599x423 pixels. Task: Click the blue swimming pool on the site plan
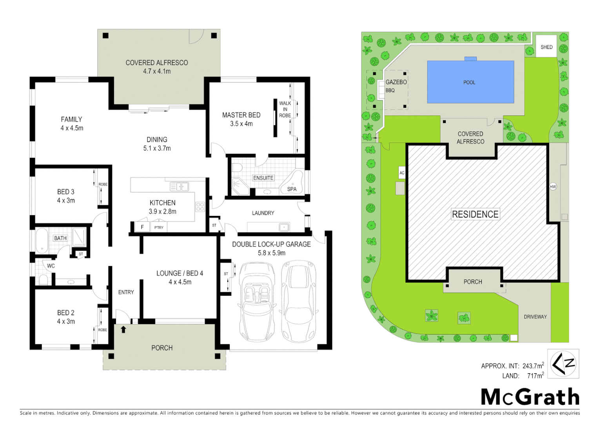[470, 82]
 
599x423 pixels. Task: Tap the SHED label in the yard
[546, 47]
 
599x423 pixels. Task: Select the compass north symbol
[563, 364]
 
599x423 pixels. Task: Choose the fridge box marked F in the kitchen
[142, 227]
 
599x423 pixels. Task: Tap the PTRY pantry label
[159, 227]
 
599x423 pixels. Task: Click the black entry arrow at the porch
[123, 329]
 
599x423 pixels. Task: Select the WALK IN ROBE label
[285, 109]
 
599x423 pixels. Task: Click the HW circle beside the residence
[553, 186]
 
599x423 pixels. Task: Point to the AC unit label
[401, 173]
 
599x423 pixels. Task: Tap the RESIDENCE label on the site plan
[475, 214]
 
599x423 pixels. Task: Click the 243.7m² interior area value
[533, 366]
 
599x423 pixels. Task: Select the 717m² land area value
[535, 376]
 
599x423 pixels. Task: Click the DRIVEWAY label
[535, 316]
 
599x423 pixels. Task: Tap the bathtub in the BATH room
[41, 240]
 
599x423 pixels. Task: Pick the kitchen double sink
[179, 187]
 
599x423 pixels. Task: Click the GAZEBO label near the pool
[396, 82]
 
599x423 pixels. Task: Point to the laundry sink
[283, 227]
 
